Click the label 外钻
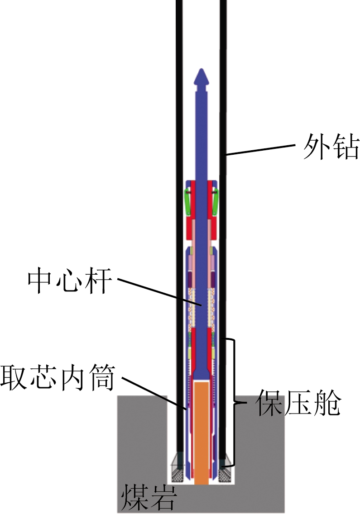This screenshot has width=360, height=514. coord(331,147)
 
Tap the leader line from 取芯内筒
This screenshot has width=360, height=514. coord(155,393)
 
